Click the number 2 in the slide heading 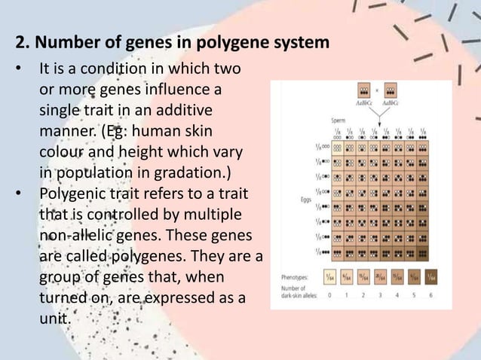(x=21, y=42)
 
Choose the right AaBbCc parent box (x=393, y=90)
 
